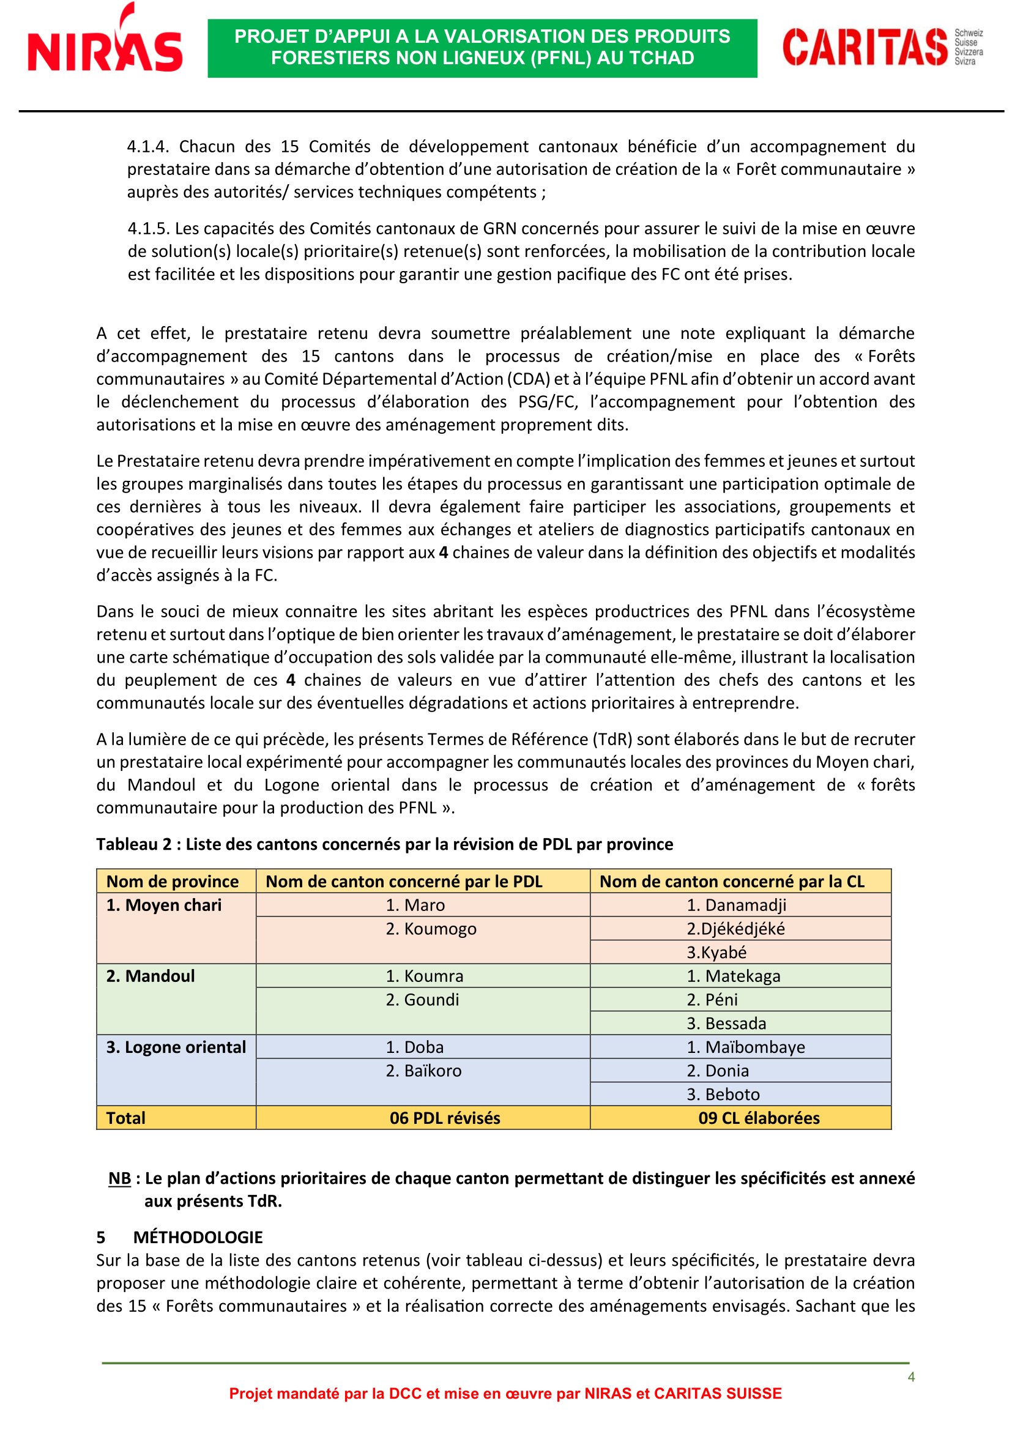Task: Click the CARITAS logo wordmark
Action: point(865,46)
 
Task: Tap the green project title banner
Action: point(482,48)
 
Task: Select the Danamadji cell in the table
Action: point(736,905)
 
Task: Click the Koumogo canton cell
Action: point(431,929)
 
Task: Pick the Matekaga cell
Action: point(733,976)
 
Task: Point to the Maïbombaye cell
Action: point(745,1047)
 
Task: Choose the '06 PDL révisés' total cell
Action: point(444,1118)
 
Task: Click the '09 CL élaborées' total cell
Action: point(758,1118)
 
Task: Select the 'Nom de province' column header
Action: point(173,881)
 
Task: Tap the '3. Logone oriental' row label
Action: point(176,1047)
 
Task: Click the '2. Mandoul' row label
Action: point(150,976)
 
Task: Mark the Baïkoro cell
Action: point(424,1071)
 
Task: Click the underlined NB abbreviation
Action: point(120,1178)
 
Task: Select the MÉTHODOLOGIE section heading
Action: point(198,1237)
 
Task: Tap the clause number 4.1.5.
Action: point(147,229)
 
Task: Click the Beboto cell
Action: point(723,1095)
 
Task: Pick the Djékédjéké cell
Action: point(735,929)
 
